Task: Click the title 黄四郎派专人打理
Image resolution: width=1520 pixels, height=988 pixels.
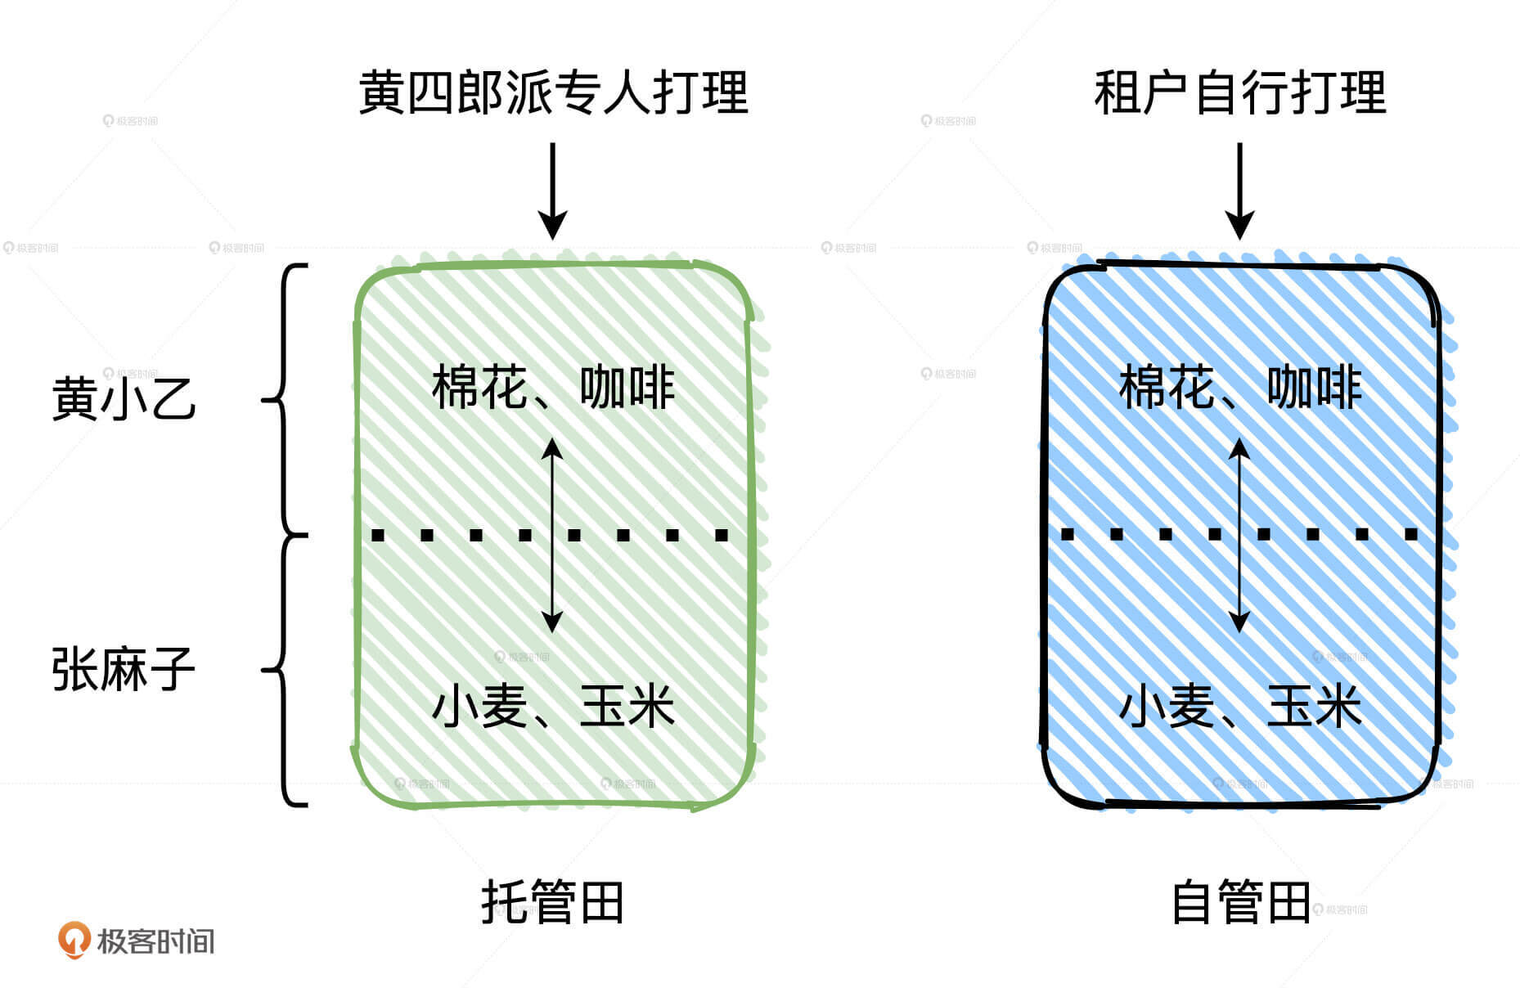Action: pos(553,92)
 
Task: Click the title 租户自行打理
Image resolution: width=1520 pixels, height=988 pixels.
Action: pos(1239,92)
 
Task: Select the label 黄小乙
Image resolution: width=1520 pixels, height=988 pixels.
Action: pos(124,398)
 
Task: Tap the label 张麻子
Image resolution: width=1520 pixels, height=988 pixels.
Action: pos(124,669)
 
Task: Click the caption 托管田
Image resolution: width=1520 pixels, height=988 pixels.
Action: pos(553,902)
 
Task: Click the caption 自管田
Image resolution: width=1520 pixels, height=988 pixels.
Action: pos(1240,902)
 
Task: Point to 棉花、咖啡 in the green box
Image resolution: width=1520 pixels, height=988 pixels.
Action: pos(553,388)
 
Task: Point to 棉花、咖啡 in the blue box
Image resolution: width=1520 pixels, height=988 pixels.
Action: pos(1240,388)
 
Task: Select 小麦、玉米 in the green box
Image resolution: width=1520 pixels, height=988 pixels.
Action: pos(553,707)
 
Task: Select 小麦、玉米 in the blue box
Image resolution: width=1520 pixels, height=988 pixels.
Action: pos(1240,707)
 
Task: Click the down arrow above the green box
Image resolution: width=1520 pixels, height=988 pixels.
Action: pos(553,191)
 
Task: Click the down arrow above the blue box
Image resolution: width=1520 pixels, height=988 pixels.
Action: pos(1240,191)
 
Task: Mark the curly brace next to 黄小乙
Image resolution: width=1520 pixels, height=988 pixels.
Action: pos(285,400)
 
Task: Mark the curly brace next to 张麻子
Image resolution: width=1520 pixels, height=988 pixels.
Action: pos(285,670)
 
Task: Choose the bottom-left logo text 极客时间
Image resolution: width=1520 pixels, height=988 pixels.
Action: pos(155,941)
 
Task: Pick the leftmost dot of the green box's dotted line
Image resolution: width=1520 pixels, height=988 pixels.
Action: pos(378,536)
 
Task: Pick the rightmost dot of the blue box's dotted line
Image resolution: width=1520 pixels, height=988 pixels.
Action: pos(1411,535)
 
